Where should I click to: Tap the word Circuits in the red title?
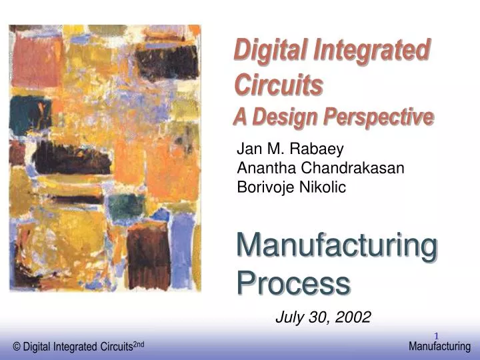[279, 85]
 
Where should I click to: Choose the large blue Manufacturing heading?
[337, 246]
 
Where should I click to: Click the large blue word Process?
[293, 284]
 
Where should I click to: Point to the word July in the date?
[289, 317]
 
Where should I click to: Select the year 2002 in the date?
[353, 317]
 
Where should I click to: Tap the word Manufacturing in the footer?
[439, 346]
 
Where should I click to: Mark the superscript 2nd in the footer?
[139, 343]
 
